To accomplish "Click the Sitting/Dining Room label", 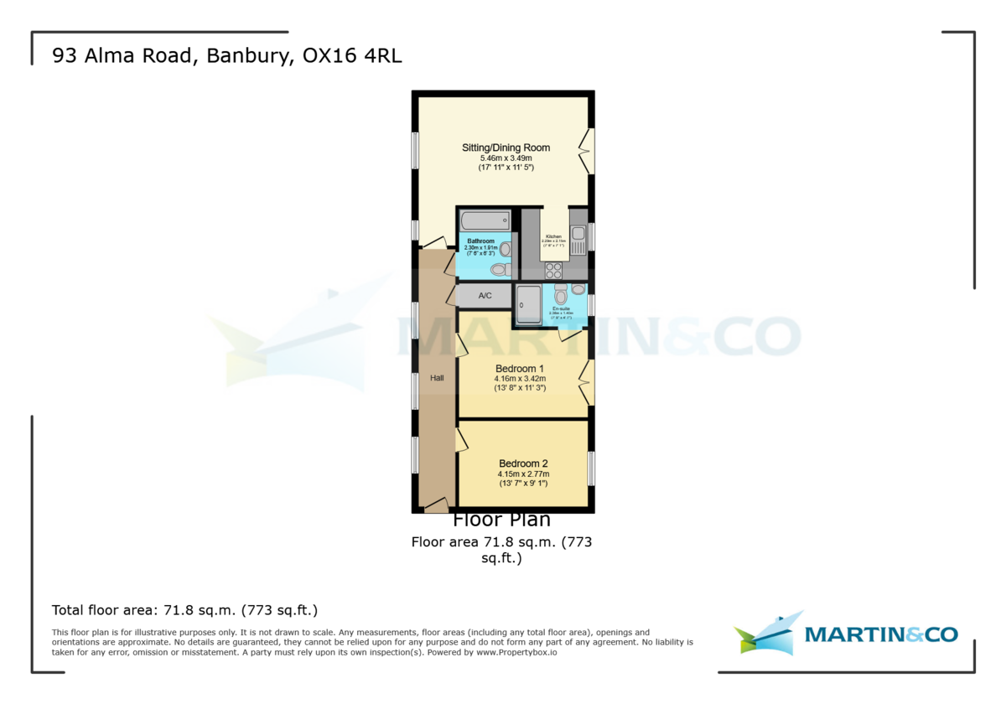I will click(x=506, y=148).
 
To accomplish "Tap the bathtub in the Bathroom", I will click(x=485, y=221).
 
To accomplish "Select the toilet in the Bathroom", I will click(x=500, y=269).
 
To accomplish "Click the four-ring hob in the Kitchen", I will click(x=554, y=270).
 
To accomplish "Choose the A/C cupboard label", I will click(x=485, y=296).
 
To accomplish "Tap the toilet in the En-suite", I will click(x=561, y=295).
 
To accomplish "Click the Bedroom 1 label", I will click(x=520, y=369).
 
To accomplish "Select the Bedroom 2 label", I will click(x=523, y=463).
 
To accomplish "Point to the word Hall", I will click(x=437, y=378).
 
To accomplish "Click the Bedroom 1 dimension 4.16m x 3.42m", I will click(x=520, y=379).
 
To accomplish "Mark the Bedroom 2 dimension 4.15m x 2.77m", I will click(x=523, y=474).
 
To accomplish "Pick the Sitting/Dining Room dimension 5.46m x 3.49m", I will click(x=506, y=158).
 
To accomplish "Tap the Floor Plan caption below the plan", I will click(x=502, y=520).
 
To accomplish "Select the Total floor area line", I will click(x=184, y=610).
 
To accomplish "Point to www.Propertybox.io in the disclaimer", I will click(x=517, y=652).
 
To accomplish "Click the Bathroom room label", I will click(x=481, y=241).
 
